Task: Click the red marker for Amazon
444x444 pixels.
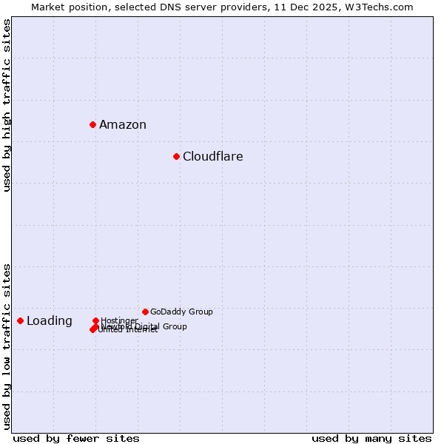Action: coord(92,124)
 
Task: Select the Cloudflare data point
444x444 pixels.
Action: coord(176,156)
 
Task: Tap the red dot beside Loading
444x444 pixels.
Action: coord(20,320)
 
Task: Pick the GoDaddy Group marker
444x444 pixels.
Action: coord(145,312)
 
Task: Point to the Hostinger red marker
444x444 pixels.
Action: coord(95,320)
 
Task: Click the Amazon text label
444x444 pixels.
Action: coord(123,125)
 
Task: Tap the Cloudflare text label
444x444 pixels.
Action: coord(213,157)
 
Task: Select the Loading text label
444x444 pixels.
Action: coord(50,321)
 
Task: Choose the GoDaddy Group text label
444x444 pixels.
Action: coord(181,312)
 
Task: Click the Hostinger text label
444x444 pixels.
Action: coord(119,320)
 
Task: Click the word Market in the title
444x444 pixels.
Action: coord(48,7)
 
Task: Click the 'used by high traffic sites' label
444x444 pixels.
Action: coord(7,105)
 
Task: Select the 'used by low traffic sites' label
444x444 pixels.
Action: coord(7,346)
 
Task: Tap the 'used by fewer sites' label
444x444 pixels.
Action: coord(76,438)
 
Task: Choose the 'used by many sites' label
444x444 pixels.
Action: coord(371,438)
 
